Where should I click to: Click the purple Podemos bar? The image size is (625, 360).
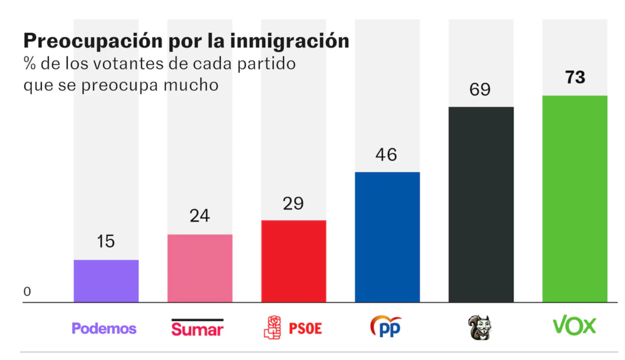[x=106, y=281]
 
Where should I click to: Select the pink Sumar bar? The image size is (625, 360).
[x=199, y=268]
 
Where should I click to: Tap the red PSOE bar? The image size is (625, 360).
[x=293, y=261]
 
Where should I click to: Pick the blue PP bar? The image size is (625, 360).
[x=387, y=237]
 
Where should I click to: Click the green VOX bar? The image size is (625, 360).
[x=574, y=198]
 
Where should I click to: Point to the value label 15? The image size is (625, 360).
[x=106, y=242]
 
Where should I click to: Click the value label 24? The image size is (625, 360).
[x=199, y=216]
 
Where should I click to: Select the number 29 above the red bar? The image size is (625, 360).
[x=293, y=203]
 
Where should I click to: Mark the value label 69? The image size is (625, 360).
[x=480, y=90]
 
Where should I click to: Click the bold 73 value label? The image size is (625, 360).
[x=574, y=78]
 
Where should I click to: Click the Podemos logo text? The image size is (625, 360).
[x=104, y=329]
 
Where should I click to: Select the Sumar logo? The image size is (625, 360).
[x=197, y=328]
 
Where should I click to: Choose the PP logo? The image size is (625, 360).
[x=386, y=327]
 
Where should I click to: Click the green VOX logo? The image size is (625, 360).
[x=574, y=327]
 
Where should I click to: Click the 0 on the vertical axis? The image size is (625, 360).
[x=27, y=292]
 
